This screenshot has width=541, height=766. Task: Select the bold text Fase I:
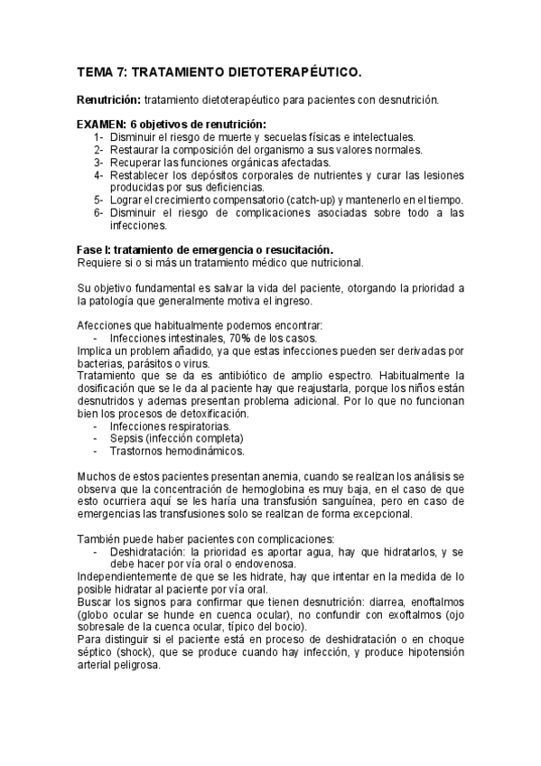coord(95,249)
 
